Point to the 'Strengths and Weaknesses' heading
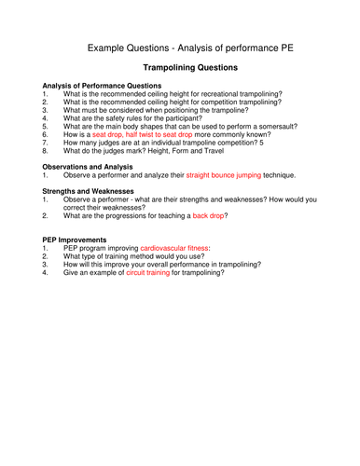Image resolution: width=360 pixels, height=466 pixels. (x=88, y=191)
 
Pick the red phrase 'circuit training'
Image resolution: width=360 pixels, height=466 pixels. (x=152, y=272)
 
